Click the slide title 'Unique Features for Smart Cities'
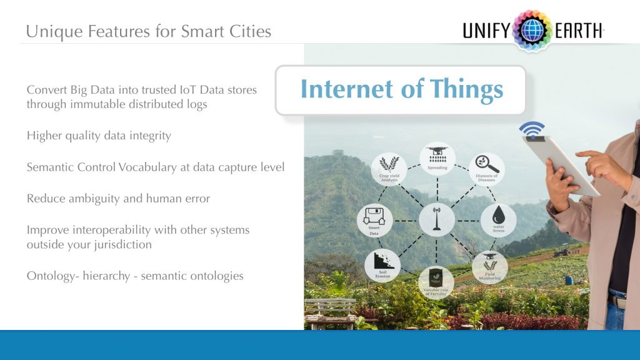(149, 31)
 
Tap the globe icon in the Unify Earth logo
(532, 30)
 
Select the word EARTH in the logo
(577, 31)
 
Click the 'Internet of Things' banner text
(401, 89)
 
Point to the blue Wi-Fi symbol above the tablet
(531, 131)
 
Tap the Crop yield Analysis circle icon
(389, 169)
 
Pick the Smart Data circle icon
(374, 221)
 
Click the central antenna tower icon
(437, 220)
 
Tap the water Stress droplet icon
(498, 221)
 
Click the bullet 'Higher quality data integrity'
(99, 136)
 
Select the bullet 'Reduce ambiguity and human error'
(118, 199)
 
